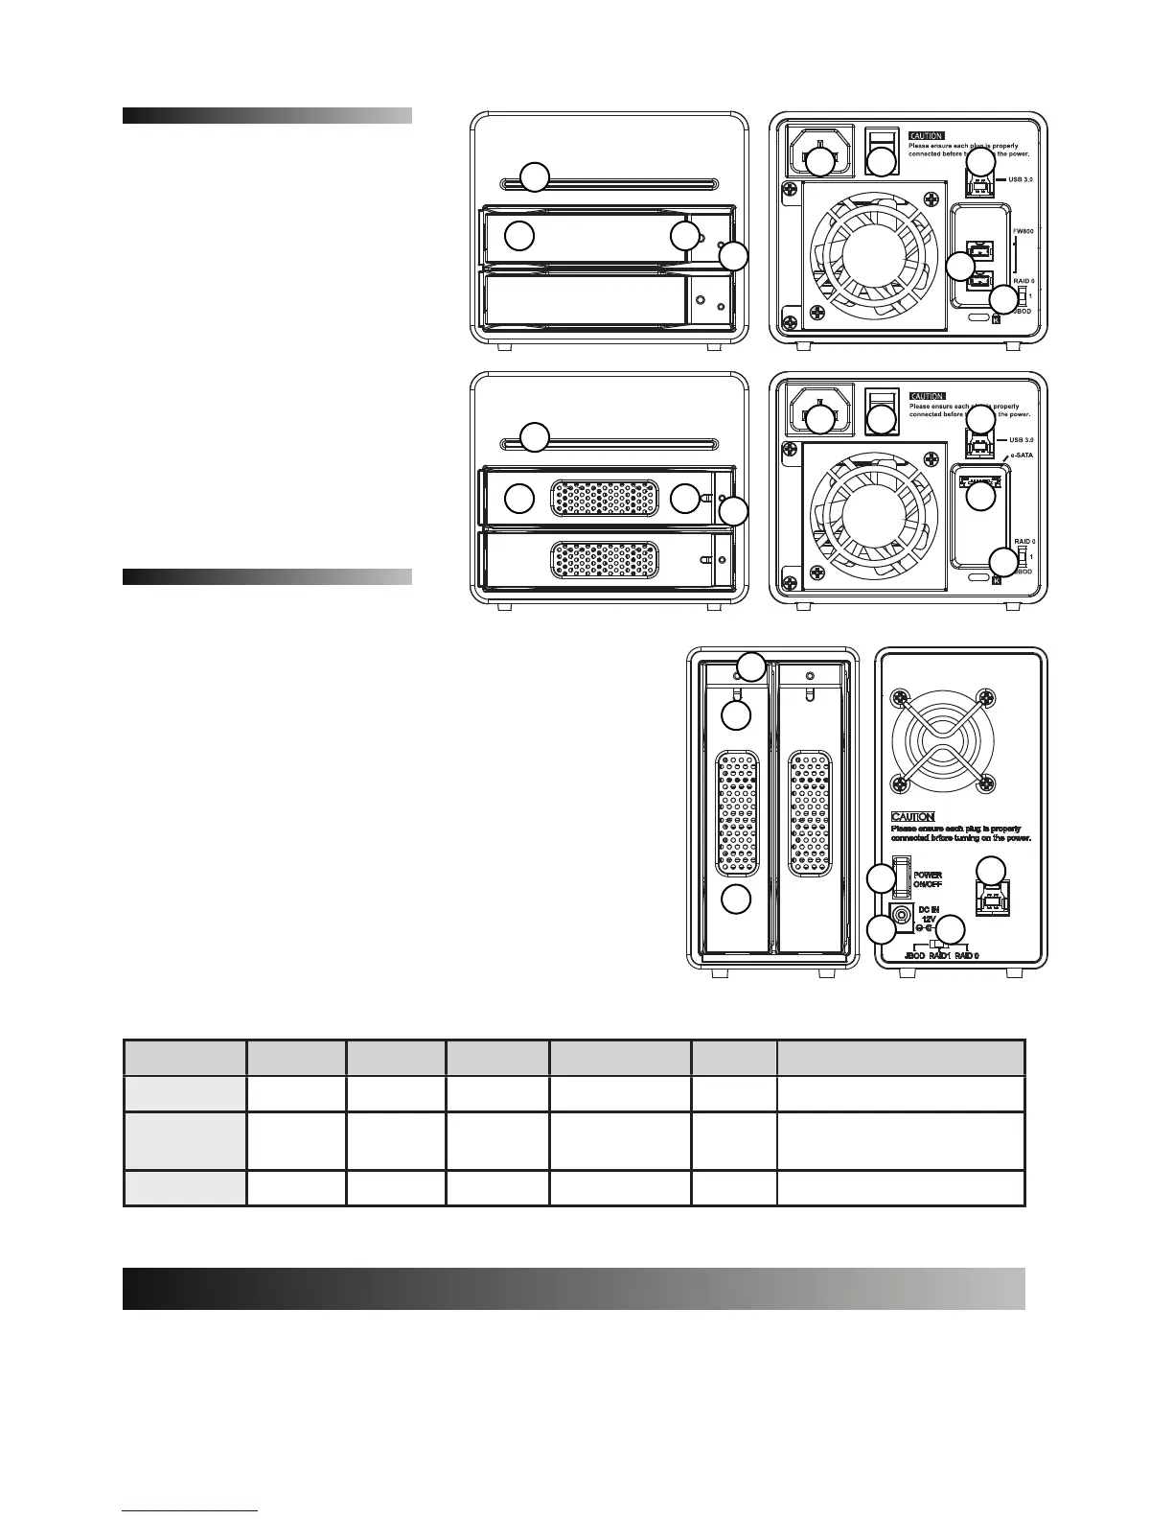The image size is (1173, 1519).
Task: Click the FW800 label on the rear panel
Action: coord(1024,232)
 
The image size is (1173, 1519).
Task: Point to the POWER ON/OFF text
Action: coord(927,879)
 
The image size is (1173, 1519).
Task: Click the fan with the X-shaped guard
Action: coord(938,741)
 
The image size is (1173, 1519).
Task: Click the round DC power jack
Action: coord(902,916)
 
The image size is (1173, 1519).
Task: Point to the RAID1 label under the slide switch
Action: coord(939,955)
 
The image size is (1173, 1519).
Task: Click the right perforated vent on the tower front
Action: coord(807,813)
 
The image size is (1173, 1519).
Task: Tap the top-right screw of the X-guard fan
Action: coord(983,697)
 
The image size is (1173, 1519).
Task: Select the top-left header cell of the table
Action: coord(184,1058)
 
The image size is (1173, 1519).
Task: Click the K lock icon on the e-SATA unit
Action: coord(998,579)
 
